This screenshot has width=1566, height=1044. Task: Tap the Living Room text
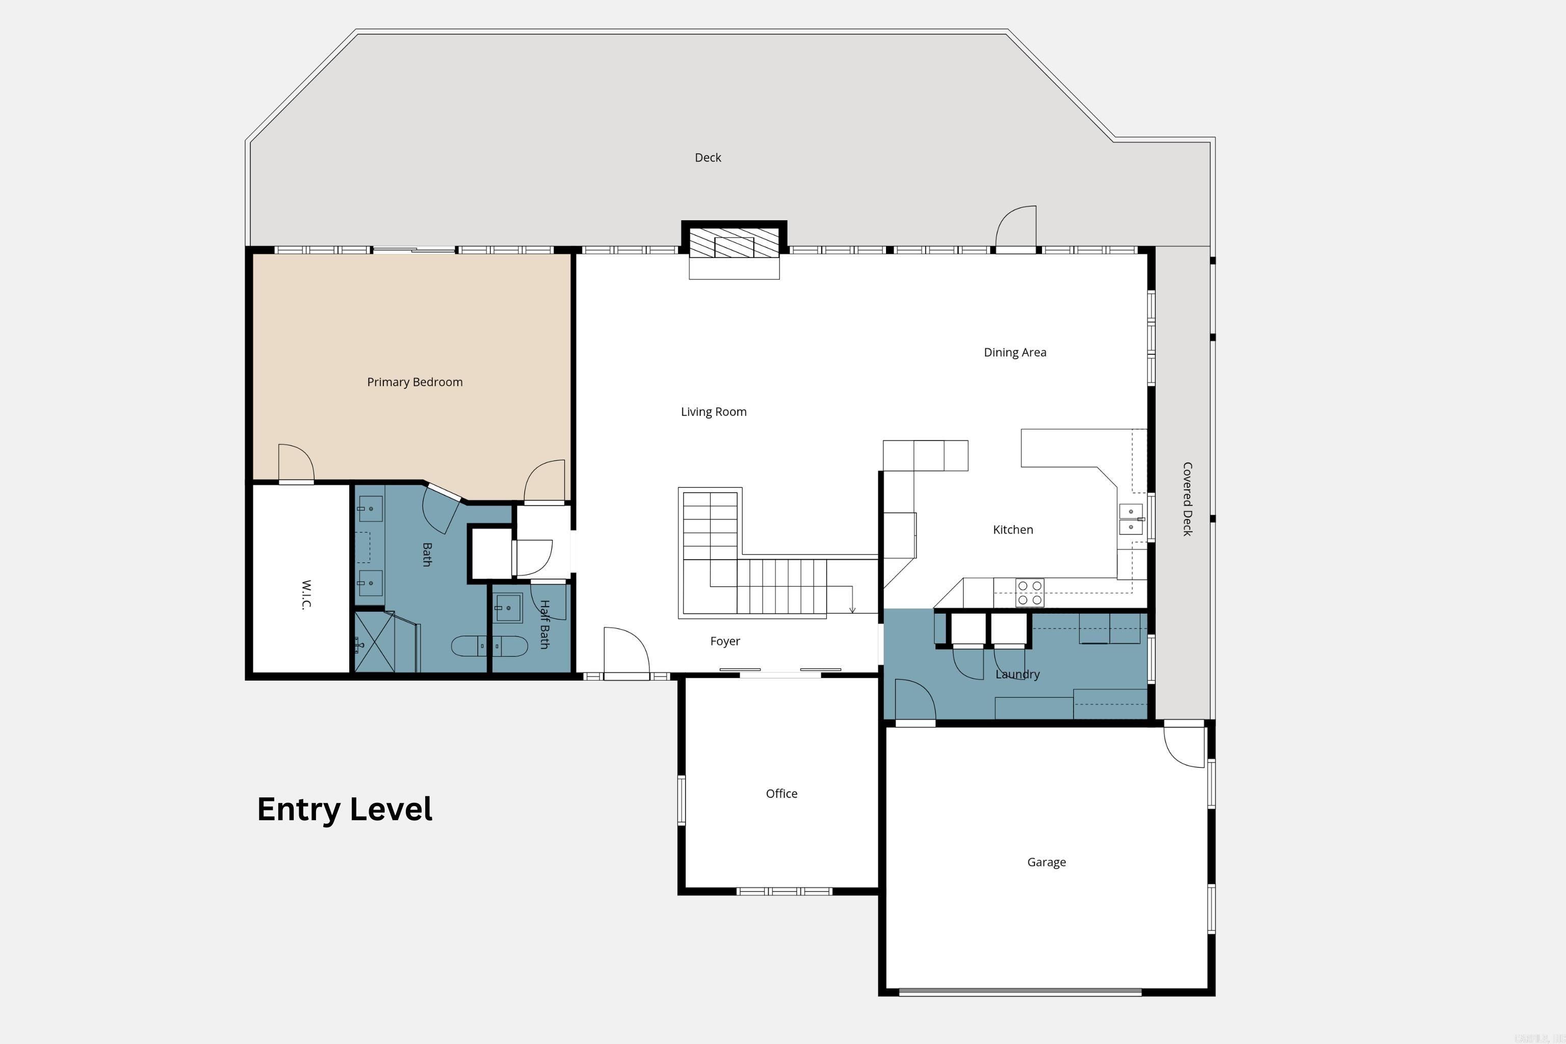tap(713, 412)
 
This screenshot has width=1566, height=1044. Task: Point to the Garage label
tap(1046, 862)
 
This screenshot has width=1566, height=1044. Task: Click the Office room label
tap(781, 794)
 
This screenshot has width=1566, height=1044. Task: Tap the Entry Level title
tap(344, 810)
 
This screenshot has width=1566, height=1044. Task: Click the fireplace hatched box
tap(733, 243)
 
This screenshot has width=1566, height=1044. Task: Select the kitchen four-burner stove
tap(1029, 592)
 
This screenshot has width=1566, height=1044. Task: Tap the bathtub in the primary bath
tap(489, 646)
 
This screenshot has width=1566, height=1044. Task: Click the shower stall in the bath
tap(374, 642)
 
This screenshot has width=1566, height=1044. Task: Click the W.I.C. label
tap(306, 594)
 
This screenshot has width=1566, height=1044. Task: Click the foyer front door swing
tap(626, 652)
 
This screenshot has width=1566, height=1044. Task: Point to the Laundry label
tap(1016, 674)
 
